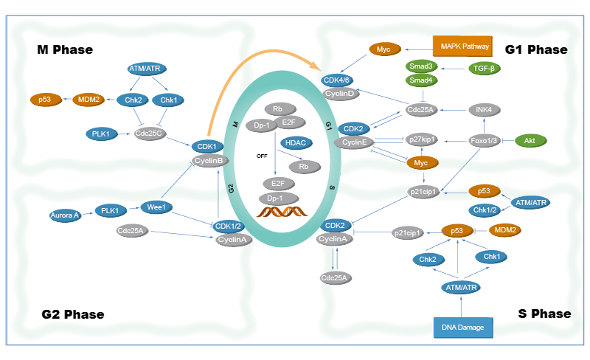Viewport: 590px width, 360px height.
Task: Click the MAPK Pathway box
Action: [465, 46]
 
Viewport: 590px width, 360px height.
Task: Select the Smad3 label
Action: [421, 66]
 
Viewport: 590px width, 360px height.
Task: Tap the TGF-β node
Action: [484, 68]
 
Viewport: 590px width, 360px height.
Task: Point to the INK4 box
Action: [484, 110]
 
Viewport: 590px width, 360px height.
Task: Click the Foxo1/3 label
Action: [484, 139]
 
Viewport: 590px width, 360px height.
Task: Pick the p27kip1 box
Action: [421, 139]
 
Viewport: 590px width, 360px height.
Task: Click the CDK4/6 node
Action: [341, 80]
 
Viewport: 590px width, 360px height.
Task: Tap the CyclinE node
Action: [354, 142]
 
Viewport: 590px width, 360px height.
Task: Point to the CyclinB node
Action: [207, 159]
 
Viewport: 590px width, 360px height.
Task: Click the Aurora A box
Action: [64, 215]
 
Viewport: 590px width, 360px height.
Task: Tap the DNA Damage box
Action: [465, 327]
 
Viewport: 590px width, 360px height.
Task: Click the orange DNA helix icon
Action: [283, 215]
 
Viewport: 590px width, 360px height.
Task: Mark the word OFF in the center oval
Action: [260, 156]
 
